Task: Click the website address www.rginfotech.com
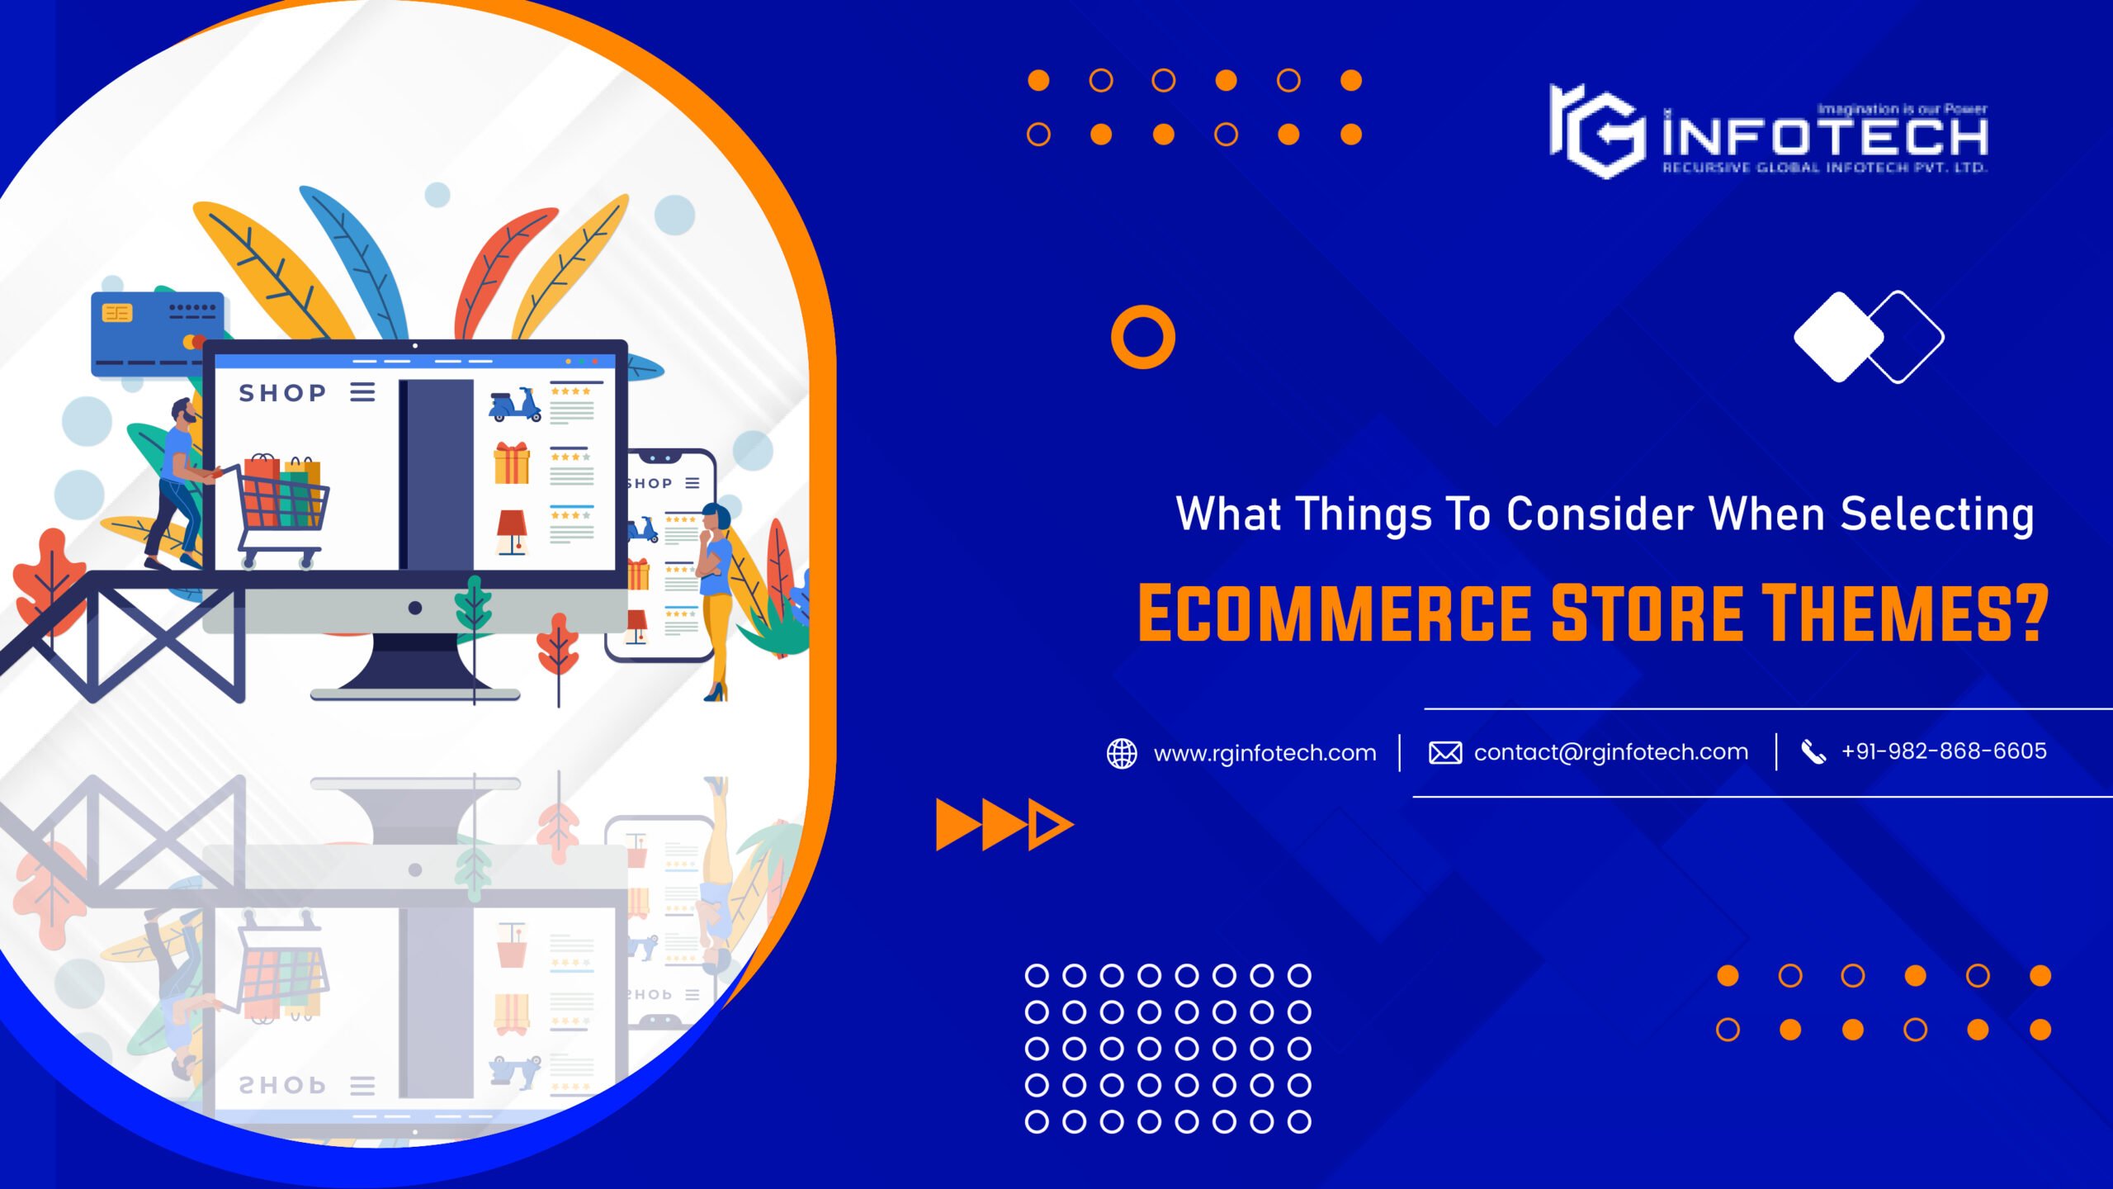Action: (x=1264, y=753)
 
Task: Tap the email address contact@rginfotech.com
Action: (x=1610, y=752)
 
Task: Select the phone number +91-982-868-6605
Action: (x=1944, y=751)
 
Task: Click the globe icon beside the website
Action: (x=1122, y=753)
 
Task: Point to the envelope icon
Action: (x=1445, y=753)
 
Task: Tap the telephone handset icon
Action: (x=1813, y=752)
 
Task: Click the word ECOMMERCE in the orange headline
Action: (x=1334, y=613)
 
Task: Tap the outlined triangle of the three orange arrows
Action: (x=1050, y=824)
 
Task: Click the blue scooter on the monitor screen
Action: (x=515, y=405)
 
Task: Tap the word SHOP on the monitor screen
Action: (x=282, y=393)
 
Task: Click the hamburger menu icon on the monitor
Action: (x=362, y=391)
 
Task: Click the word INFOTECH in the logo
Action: (x=1825, y=137)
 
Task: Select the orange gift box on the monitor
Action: (x=512, y=463)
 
